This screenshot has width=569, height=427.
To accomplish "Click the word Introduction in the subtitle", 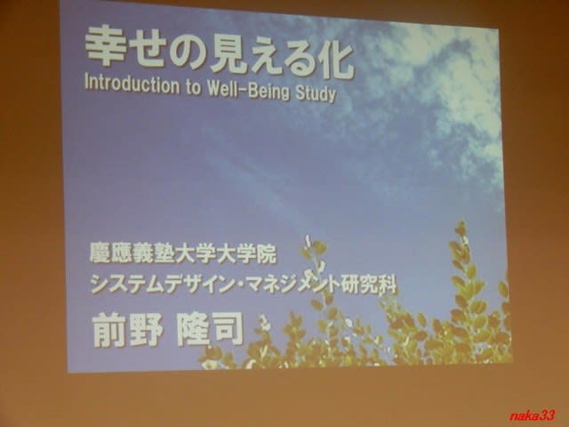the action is tap(132, 85).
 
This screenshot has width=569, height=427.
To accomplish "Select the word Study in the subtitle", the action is tap(316, 93).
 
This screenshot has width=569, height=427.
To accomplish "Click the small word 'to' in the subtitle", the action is tap(194, 87).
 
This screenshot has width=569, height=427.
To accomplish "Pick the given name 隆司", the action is tap(210, 330).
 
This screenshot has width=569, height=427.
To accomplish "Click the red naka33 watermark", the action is tap(532, 415).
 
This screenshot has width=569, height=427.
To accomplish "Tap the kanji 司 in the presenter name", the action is tap(227, 330).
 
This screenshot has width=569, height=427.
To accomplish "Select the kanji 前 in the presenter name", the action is tap(109, 330).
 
